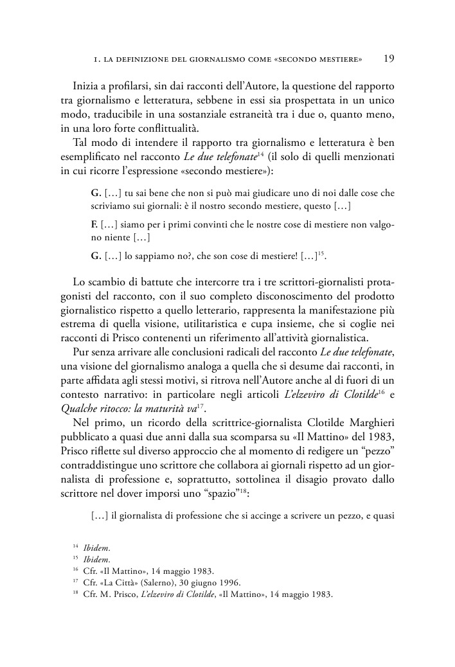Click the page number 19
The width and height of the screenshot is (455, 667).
[389, 59]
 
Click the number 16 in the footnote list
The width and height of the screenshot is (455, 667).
[75, 571]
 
